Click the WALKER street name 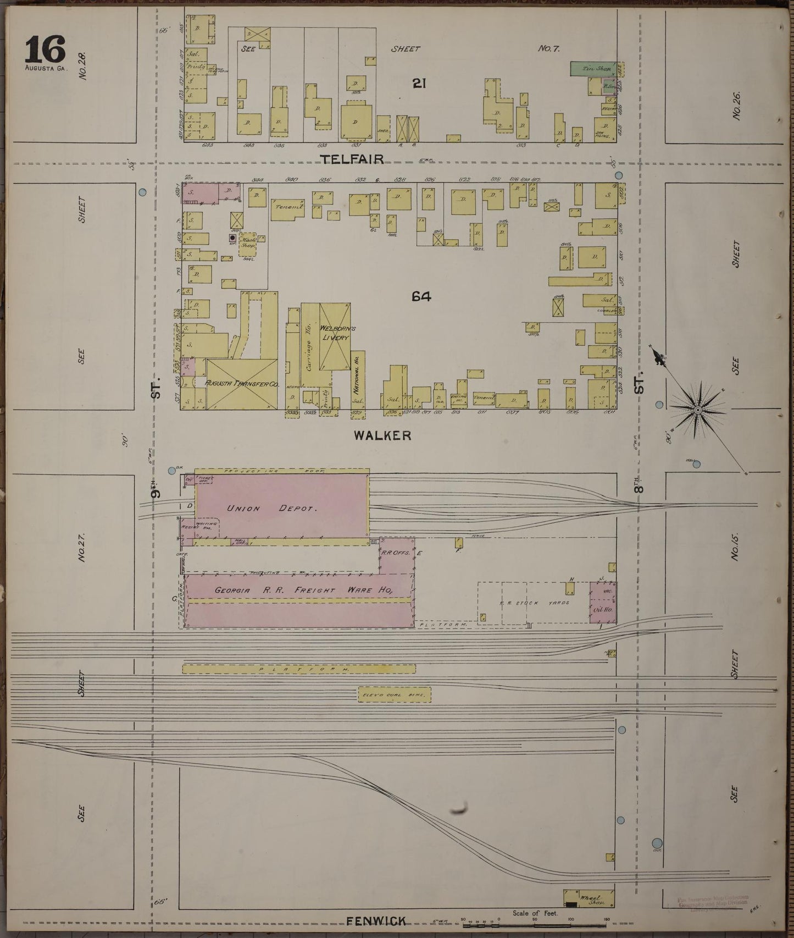pyautogui.click(x=382, y=435)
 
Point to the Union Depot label pyautogui.click(x=271, y=509)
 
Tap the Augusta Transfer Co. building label pyautogui.click(x=242, y=383)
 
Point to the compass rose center pyautogui.click(x=697, y=410)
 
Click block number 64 pyautogui.click(x=421, y=297)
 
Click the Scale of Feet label pyautogui.click(x=535, y=913)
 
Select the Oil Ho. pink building pyautogui.click(x=603, y=610)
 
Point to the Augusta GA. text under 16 pyautogui.click(x=45, y=69)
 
